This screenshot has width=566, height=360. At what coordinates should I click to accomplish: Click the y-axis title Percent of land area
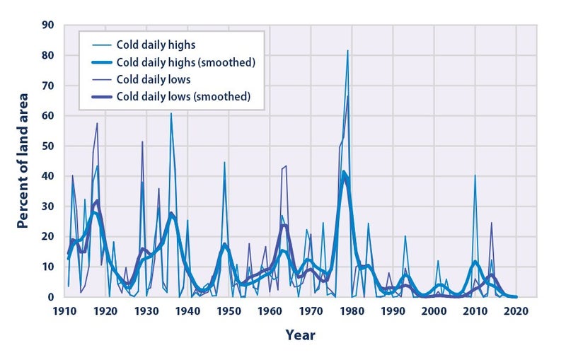point(23,161)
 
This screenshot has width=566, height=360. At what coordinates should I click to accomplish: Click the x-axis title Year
point(301,334)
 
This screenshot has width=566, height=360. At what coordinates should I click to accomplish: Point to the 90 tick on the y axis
point(47,25)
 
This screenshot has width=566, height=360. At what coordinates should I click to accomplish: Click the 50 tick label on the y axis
point(47,146)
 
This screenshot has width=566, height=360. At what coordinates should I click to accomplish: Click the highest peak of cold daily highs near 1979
point(347,50)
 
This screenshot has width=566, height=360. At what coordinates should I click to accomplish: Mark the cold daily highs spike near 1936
point(171,113)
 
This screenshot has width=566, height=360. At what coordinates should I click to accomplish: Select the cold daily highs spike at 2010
point(475,175)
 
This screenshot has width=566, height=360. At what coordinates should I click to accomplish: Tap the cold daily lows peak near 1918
point(97,124)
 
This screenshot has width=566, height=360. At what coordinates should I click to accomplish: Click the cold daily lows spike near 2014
point(491,223)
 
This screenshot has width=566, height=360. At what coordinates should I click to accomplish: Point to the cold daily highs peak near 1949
point(224,162)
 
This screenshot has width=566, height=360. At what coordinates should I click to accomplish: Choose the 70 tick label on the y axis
point(47,86)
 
